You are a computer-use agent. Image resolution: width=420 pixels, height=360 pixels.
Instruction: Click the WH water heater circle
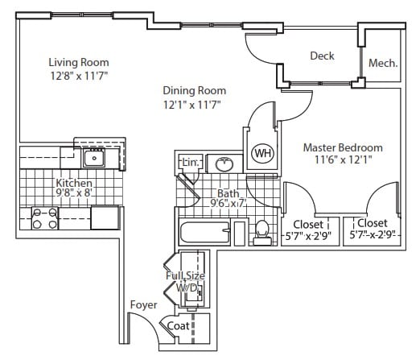(262, 153)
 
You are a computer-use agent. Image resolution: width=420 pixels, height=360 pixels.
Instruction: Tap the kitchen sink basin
(94, 158)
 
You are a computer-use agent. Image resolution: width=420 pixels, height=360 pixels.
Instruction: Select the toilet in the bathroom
(262, 233)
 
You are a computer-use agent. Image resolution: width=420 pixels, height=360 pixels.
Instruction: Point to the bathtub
(204, 232)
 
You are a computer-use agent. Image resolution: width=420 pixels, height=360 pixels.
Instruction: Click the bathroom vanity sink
(224, 163)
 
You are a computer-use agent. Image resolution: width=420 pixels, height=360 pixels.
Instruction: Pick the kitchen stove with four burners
(45, 218)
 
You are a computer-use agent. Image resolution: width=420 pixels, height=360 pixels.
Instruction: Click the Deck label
(322, 56)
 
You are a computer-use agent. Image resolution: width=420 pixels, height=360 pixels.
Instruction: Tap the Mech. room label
(383, 64)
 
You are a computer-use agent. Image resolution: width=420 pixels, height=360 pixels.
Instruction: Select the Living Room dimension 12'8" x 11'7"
(79, 76)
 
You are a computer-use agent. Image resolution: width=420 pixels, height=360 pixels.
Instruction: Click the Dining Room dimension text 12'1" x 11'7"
(192, 105)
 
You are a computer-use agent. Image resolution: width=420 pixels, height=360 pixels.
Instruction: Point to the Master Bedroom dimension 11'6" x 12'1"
(343, 160)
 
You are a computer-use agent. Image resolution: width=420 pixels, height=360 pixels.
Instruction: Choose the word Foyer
(143, 305)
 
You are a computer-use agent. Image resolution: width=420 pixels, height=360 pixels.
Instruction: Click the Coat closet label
(178, 326)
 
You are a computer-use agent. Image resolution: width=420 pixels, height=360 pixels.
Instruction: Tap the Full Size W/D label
(185, 282)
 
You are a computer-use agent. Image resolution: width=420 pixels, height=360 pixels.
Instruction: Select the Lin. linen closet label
(191, 163)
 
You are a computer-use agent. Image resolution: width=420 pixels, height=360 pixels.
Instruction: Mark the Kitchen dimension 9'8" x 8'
(74, 192)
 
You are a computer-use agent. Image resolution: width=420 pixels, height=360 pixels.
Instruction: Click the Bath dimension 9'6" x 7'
(229, 203)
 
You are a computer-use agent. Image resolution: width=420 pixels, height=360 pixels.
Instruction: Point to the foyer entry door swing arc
(147, 325)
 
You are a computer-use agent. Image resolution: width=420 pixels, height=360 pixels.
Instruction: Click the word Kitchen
(74, 183)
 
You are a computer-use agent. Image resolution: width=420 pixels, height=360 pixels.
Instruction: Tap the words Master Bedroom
(343, 147)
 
